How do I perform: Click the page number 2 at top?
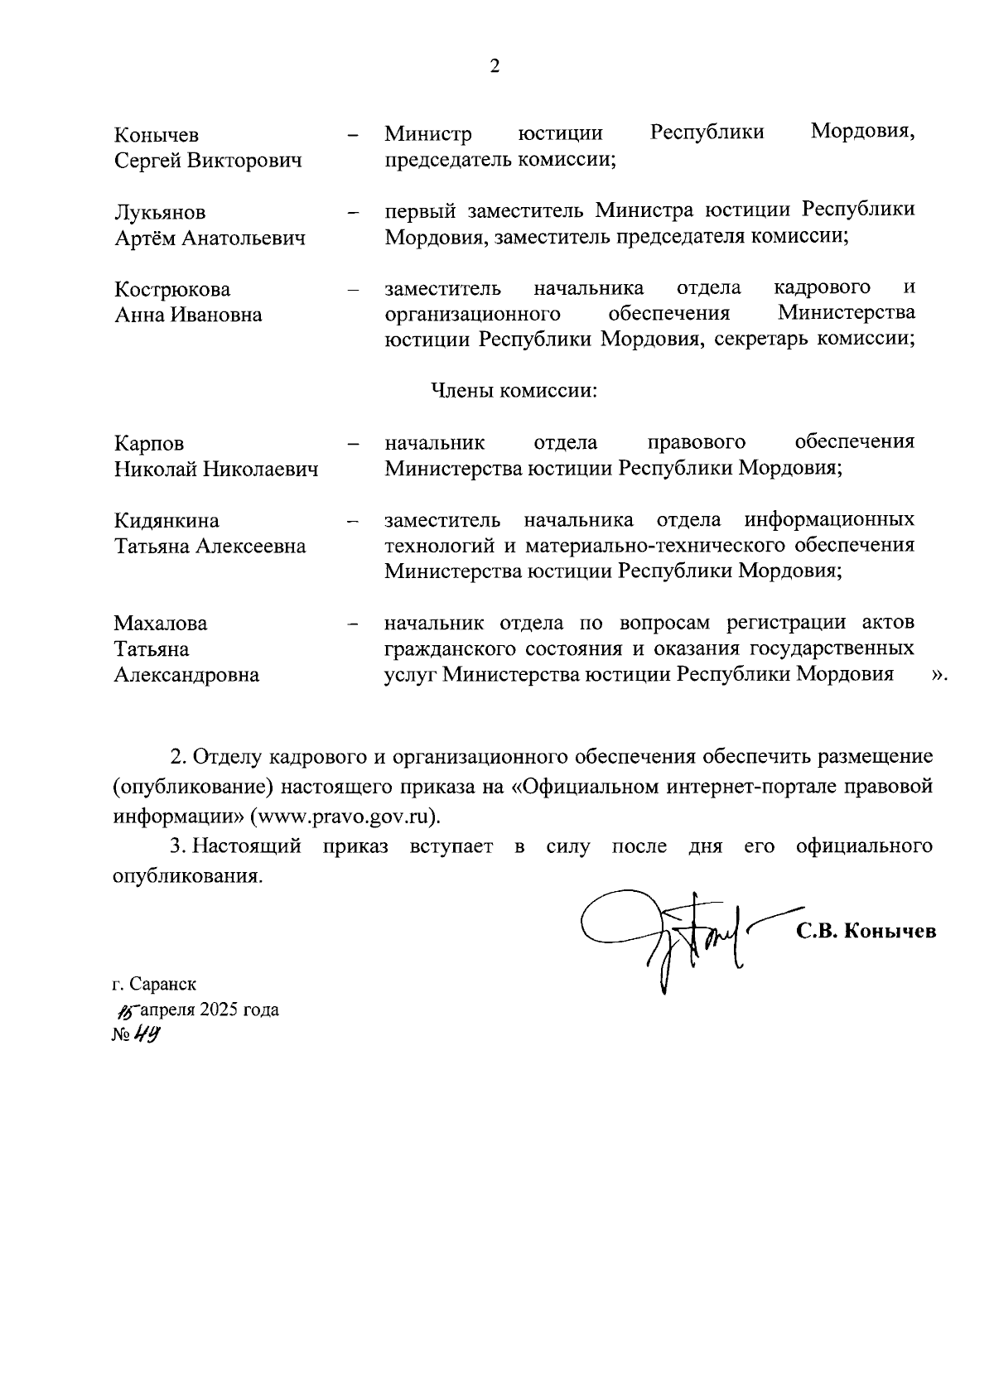coord(495,67)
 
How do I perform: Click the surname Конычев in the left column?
coord(157,135)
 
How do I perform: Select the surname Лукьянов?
coord(160,213)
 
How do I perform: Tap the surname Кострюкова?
coord(172,290)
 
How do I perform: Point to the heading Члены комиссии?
coord(514,390)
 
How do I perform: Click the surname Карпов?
coord(149,444)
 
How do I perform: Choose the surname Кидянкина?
coord(166,521)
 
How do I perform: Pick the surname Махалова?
coord(161,624)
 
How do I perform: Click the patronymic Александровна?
coord(186,675)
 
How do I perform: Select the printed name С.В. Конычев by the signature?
coord(866,931)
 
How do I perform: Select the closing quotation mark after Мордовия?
coord(939,675)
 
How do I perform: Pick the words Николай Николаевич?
coord(216,470)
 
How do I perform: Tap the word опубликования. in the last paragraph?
coord(187,876)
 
